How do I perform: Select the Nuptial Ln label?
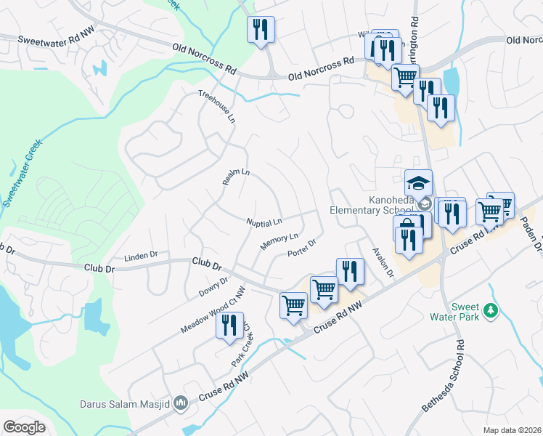click(x=264, y=221)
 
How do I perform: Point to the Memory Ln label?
click(x=279, y=241)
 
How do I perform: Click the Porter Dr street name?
click(x=302, y=248)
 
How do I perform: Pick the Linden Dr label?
click(x=141, y=256)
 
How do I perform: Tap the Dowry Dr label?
click(x=213, y=287)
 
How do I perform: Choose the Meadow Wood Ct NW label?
click(x=213, y=310)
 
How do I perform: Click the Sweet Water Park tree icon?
click(x=491, y=310)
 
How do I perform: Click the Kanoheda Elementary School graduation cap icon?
click(x=418, y=182)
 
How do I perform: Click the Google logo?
click(x=24, y=427)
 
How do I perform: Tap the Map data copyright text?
click(x=512, y=430)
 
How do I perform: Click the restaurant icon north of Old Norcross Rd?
click(x=261, y=29)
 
